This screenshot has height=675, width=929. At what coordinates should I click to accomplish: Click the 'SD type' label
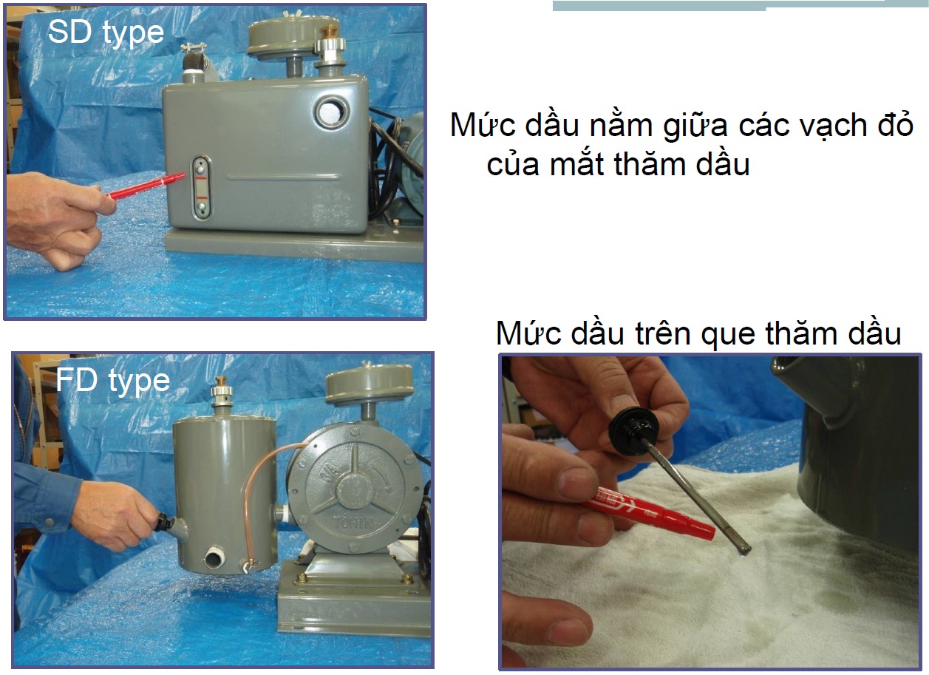pos(106,33)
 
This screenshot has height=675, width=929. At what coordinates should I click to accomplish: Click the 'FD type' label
pos(113,380)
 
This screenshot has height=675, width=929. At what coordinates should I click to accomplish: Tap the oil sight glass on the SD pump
pos(201,187)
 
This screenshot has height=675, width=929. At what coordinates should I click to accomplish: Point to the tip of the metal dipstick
pos(744,552)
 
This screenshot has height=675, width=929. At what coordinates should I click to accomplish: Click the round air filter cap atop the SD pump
pos(293,35)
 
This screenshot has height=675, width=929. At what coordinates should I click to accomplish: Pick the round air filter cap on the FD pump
pos(369,384)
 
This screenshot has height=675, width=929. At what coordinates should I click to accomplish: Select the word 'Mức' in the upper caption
pos(482,124)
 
